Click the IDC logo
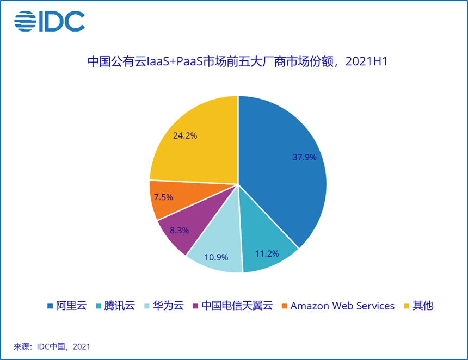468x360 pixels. (50, 21)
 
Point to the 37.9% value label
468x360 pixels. (304, 158)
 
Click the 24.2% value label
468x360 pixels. (184, 135)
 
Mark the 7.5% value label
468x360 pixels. (163, 197)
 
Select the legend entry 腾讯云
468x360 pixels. (119, 306)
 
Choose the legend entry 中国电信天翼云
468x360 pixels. (236, 306)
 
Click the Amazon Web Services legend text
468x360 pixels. (342, 306)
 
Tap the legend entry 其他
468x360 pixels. (423, 306)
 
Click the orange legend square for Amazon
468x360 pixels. (284, 306)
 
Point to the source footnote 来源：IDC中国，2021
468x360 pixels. (52, 346)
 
